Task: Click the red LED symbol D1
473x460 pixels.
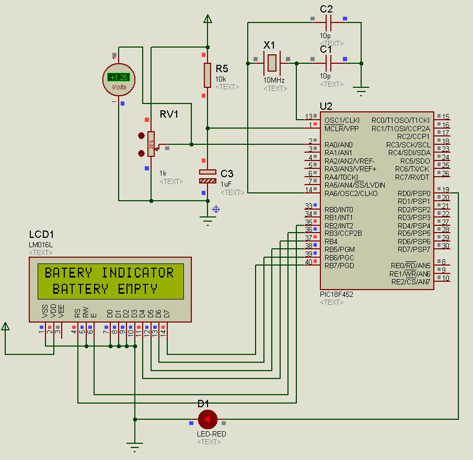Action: [207, 419]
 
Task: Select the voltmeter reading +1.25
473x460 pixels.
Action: [119, 77]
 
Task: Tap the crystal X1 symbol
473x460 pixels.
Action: [271, 63]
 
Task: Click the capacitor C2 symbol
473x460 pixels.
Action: [328, 22]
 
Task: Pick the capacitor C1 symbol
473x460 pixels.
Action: [328, 63]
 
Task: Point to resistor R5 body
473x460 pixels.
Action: [207, 75]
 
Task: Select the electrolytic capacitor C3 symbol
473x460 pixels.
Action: [207, 176]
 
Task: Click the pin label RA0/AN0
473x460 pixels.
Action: [338, 145]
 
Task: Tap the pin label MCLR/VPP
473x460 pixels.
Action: [341, 129]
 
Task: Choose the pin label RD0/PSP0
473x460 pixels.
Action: [414, 193]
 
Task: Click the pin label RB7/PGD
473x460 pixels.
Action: [339, 266]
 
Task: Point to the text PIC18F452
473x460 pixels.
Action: [336, 294]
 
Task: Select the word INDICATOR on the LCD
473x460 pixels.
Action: [137, 272]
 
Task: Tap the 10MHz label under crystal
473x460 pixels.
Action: [274, 80]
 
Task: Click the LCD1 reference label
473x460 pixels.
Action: [41, 235]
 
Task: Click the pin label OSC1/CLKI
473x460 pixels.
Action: [342, 120]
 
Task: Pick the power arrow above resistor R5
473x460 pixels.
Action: [207, 19]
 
